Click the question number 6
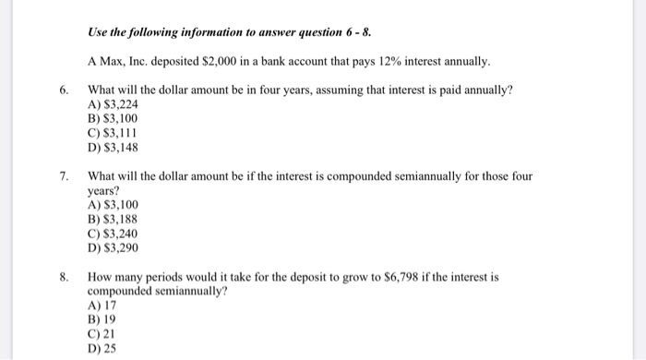63,90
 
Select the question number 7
63,175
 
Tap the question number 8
63,276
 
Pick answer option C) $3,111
113,132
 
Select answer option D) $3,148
113,146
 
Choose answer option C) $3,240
113,234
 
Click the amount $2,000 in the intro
219,62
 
